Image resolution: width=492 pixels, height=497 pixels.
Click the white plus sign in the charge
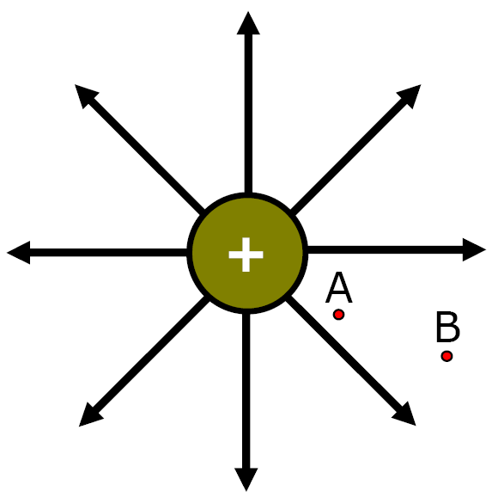pos(246,255)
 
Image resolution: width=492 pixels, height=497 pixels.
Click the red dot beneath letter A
pos(339,315)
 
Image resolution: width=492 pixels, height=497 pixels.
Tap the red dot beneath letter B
pos(446,356)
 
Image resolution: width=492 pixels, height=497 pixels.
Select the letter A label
pos(339,287)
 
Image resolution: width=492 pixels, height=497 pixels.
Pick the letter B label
pos(448,327)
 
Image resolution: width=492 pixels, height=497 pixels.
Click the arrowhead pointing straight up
pos(248,23)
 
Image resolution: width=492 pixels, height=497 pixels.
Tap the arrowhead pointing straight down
pos(246,480)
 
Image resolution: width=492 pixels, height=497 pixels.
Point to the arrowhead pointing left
pos(18,253)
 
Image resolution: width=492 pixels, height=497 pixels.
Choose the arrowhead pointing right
pos(474,249)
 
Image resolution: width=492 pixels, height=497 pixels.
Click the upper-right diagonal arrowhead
pos(410,95)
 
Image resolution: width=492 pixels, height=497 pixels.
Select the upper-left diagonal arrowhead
pos(85,95)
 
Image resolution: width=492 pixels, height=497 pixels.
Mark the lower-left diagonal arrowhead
pos(89,416)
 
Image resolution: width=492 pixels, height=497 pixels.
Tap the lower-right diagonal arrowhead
pos(405,415)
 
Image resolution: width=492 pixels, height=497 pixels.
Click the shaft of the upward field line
pos(248,114)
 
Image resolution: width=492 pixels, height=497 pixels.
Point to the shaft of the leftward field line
pos(108,253)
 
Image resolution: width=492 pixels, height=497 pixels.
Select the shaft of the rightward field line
pos(385,249)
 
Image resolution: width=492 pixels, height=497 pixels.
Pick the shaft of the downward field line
pos(246,391)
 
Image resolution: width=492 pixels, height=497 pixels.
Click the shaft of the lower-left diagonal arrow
pos(151,355)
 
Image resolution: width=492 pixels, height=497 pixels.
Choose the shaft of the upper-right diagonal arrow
pos(349,156)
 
